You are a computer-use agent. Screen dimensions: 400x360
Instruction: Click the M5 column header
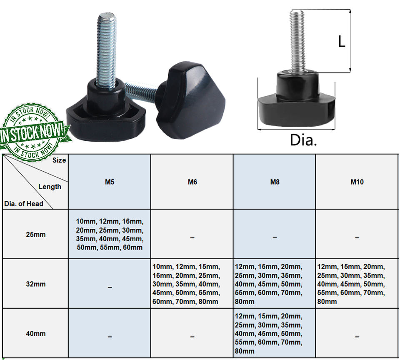110,182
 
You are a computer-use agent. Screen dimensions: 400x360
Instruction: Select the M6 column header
192,182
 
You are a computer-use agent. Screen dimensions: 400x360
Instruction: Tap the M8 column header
275,182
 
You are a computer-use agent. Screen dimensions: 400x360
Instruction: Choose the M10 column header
357,182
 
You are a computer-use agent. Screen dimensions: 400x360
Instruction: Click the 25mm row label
36,235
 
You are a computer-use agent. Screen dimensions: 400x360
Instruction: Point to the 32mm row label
36,284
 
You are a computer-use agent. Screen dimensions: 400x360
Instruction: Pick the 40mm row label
36,333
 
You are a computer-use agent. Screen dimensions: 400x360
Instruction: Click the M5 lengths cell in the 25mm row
110,234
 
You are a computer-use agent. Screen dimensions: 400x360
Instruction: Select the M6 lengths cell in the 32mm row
186,284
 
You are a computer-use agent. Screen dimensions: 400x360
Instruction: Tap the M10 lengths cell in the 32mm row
351,284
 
